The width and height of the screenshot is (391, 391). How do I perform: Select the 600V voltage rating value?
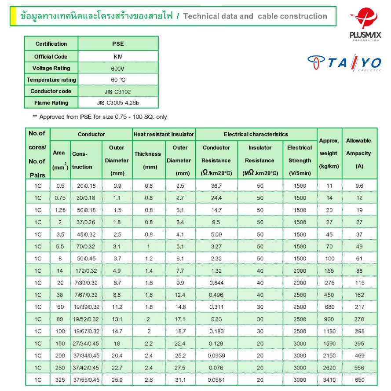pyautogui.click(x=118, y=68)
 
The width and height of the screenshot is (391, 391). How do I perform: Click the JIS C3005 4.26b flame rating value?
pyautogui.click(x=118, y=102)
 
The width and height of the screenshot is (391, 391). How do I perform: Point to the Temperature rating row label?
pyautogui.click(x=51, y=80)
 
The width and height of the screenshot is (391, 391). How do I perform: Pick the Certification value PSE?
pyautogui.click(x=118, y=44)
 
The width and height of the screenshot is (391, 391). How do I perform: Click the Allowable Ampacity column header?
pyautogui.click(x=358, y=153)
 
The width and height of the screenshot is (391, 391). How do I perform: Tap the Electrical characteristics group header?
pyautogui.click(x=256, y=134)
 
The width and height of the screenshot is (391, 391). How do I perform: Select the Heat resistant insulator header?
pyautogui.click(x=164, y=134)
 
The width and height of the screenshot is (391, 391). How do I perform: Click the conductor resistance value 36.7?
pyautogui.click(x=216, y=186)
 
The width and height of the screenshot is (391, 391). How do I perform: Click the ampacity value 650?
pyautogui.click(x=359, y=380)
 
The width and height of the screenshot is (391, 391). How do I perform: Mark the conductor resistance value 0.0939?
pyautogui.click(x=216, y=355)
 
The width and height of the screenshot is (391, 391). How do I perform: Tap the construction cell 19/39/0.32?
pyautogui.click(x=86, y=307)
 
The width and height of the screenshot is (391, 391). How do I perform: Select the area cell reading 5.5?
pyautogui.click(x=60, y=246)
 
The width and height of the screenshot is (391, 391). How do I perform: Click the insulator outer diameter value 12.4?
pyautogui.click(x=180, y=295)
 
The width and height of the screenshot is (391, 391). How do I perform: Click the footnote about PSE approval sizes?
pyautogui.click(x=100, y=117)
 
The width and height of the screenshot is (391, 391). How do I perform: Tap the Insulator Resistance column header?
pyautogui.click(x=260, y=160)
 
